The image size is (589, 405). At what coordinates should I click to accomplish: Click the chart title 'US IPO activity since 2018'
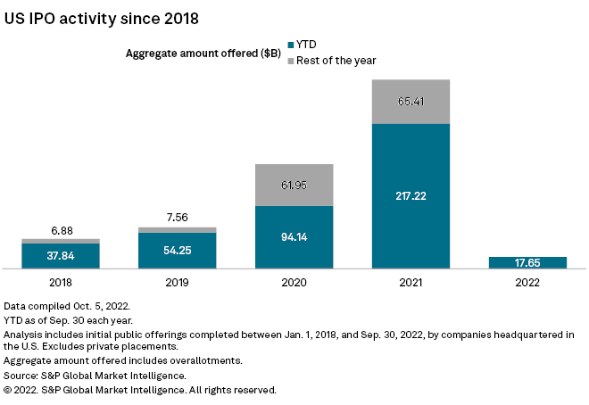click(102, 17)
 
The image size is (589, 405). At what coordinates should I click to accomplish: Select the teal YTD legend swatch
click(290, 44)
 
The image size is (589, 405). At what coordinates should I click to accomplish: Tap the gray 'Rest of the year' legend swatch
click(290, 60)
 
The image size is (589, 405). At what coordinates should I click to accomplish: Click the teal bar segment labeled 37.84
click(60, 255)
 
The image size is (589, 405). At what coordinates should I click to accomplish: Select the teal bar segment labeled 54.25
click(177, 250)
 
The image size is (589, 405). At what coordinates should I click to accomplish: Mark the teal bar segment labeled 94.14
click(294, 236)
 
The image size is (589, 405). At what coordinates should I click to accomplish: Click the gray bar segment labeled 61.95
click(294, 185)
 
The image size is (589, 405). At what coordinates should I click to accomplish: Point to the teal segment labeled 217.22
click(411, 195)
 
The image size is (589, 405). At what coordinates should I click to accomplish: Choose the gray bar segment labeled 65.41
click(411, 102)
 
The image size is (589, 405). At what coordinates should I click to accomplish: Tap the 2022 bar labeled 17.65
click(527, 262)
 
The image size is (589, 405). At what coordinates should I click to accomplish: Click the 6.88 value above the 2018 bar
click(60, 229)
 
